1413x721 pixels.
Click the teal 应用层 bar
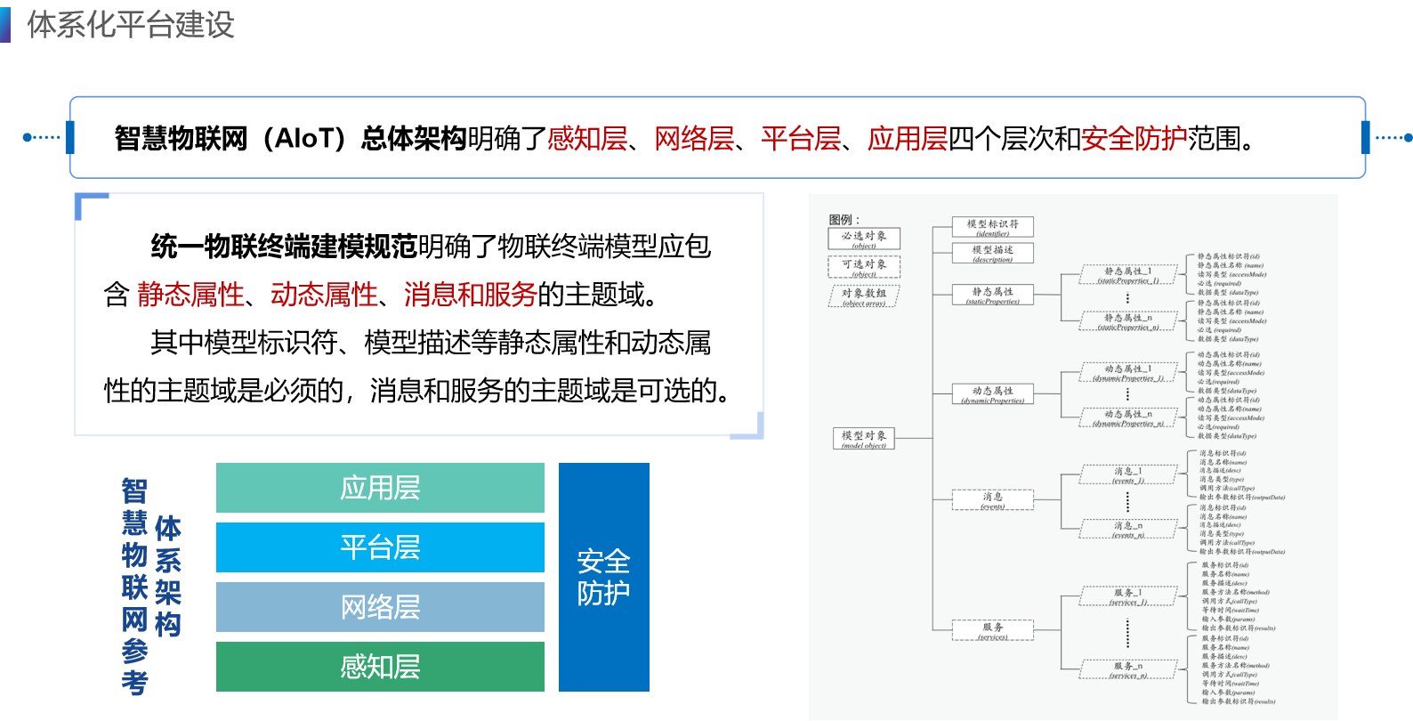[380, 488]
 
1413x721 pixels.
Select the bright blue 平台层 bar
[380, 547]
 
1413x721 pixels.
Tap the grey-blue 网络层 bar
[380, 607]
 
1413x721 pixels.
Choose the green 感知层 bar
[380, 667]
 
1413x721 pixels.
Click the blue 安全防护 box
[603, 577]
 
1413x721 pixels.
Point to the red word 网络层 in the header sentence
[694, 139]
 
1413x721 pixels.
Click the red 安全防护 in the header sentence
[1134, 139]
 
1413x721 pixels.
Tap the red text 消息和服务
[471, 295]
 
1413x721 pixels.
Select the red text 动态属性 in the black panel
[324, 295]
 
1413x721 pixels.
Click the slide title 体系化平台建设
[131, 25]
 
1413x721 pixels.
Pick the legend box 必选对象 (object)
[864, 239]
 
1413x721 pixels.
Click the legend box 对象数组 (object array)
[864, 296]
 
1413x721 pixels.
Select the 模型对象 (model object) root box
[864, 438]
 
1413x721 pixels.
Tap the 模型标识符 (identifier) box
[992, 227]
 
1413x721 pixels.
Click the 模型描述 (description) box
[992, 253]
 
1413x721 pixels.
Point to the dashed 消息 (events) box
[992, 500]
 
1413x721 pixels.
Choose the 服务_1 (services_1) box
[1127, 595]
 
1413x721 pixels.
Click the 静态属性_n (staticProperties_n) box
[1127, 321]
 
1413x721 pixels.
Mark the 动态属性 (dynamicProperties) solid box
[992, 393]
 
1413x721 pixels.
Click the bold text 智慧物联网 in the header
[181, 139]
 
